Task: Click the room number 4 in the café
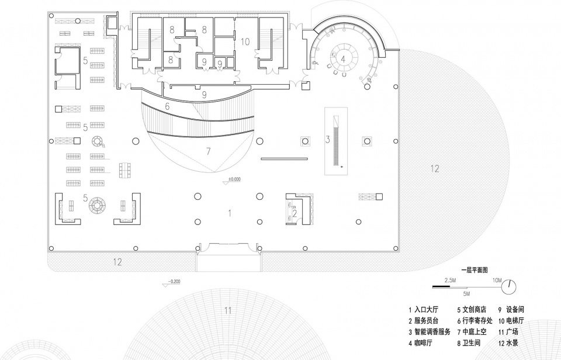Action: [x=343, y=59]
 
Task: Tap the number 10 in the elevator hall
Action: [x=245, y=42]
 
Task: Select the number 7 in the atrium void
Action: [x=209, y=151]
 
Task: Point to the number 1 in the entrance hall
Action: [x=230, y=213]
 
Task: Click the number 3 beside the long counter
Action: [x=327, y=139]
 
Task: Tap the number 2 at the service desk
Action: [x=295, y=214]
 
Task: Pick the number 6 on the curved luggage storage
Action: [x=167, y=106]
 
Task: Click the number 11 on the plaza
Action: [x=228, y=310]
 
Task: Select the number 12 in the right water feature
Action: [x=435, y=168]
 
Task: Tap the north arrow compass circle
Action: [x=509, y=286]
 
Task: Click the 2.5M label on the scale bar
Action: [x=450, y=281]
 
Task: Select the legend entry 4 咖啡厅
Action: [x=420, y=343]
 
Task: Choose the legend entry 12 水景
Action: [x=508, y=343]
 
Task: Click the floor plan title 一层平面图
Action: [x=475, y=270]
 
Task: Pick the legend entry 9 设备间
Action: [x=511, y=310]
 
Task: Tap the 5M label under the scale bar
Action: [x=466, y=294]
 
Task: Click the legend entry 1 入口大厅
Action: [x=424, y=310]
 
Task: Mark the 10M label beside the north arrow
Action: [x=497, y=281]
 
